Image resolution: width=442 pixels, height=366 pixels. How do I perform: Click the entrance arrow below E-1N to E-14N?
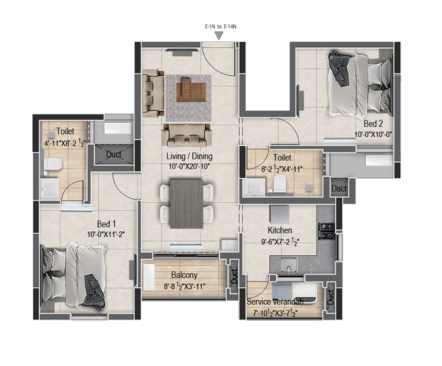coord(219,35)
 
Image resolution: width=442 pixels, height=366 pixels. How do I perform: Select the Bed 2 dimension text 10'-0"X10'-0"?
coord(373,135)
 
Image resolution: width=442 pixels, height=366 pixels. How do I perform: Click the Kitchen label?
coord(279,231)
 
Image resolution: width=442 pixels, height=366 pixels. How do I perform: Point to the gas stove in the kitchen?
coord(327,231)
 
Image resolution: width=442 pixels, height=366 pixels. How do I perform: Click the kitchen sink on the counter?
coord(288,265)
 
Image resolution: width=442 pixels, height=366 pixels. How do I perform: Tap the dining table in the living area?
coord(187,204)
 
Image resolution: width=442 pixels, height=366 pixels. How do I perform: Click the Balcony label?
coord(184,275)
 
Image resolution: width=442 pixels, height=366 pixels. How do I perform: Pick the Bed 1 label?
coord(107,224)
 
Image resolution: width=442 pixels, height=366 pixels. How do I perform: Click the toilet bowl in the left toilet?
coord(53,164)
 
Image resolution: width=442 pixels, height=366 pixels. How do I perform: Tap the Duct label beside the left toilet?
coord(114,154)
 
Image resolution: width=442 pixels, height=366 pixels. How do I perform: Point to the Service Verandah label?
coord(275,302)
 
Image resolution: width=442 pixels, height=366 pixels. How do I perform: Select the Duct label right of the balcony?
coord(235,276)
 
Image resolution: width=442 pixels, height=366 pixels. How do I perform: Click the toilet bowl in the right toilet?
coord(280,183)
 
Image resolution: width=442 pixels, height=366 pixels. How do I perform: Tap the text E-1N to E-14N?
coord(221,26)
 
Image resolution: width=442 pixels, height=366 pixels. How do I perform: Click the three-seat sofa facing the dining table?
coord(187,135)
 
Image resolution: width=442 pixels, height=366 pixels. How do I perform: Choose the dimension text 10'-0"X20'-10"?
coord(189,167)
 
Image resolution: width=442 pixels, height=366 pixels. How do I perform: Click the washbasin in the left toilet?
coord(49,188)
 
